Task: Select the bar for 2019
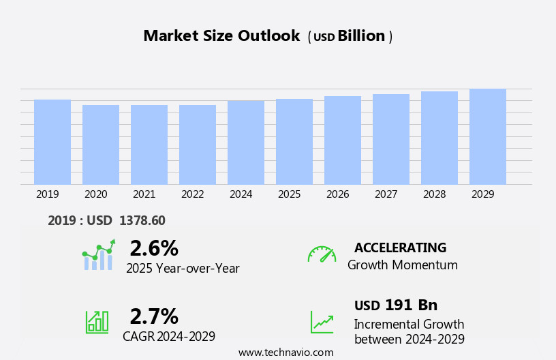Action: [52, 142]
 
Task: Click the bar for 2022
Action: [198, 145]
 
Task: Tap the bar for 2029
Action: [488, 136]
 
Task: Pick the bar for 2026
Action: [343, 140]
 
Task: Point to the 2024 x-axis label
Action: [241, 194]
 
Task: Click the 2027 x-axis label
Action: [386, 194]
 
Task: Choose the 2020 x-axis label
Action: [96, 194]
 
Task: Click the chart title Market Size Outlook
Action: [221, 36]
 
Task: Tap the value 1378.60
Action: [142, 221]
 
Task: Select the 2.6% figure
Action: [154, 248]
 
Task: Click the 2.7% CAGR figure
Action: [154, 316]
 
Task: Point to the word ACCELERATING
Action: [400, 248]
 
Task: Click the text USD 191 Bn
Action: [396, 305]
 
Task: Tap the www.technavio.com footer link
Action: [285, 352]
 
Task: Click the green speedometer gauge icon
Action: [322, 254]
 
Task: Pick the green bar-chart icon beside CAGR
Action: [97, 321]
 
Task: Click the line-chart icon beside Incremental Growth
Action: [322, 322]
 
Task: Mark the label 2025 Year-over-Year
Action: [183, 269]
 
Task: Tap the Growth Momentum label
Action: [403, 265]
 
